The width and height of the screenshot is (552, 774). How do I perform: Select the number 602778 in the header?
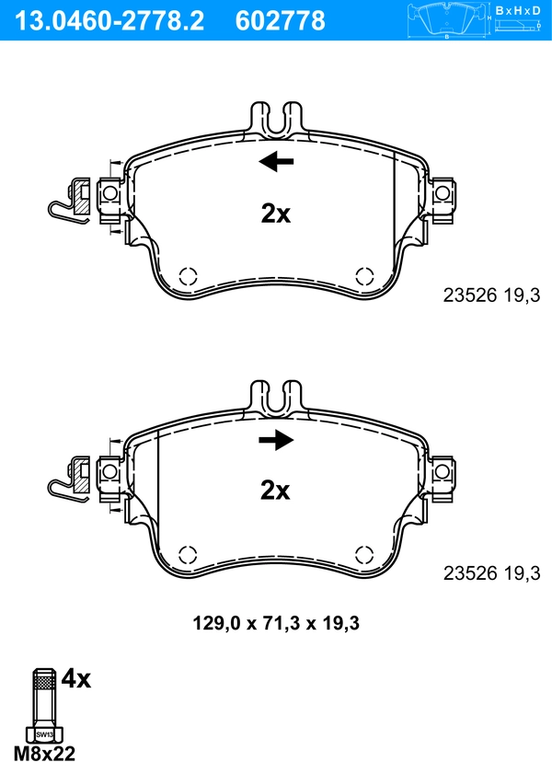click(282, 19)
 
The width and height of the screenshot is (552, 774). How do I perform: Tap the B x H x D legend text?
click(516, 10)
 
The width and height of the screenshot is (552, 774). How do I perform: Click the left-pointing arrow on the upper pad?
click(276, 163)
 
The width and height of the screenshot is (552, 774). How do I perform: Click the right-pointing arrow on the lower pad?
click(276, 441)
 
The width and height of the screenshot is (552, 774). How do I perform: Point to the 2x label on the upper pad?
click(275, 214)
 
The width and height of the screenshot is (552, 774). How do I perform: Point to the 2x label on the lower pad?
click(275, 491)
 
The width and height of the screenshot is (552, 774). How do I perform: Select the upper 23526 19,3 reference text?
click(490, 295)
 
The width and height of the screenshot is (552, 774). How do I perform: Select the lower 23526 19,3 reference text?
click(490, 572)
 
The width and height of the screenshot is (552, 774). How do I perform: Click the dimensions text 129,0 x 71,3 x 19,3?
click(275, 623)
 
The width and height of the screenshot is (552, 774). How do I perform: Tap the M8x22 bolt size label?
click(44, 754)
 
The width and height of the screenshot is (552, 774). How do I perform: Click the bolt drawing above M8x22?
click(42, 705)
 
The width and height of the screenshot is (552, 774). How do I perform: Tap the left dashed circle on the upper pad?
click(187, 275)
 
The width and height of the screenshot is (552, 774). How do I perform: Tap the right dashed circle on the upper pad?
click(364, 275)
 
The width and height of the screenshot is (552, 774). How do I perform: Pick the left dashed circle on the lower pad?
click(187, 553)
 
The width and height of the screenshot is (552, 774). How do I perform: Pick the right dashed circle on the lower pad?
click(364, 553)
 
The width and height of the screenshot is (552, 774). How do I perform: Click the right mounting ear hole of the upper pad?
click(443, 193)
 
